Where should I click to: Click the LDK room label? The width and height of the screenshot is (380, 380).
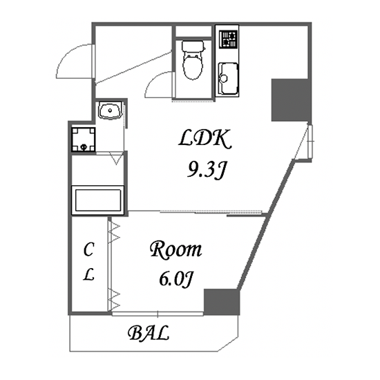coord(205,139)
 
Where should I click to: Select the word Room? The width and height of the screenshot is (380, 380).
coord(175,250)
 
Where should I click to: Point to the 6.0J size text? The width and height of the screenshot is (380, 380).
coord(176,279)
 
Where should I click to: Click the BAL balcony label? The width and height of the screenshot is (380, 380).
coord(148,333)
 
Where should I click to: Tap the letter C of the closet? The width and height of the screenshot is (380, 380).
coord(88,249)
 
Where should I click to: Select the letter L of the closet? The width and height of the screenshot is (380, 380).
coord(88,275)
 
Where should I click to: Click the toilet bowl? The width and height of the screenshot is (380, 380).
coord(193,66)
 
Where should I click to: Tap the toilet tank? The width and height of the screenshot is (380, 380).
coord(193,46)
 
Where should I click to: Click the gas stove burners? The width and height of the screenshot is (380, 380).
coord(228,39)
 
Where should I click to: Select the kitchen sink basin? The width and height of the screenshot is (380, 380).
coord(228,79)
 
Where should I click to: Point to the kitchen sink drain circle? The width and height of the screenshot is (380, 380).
coord(223,78)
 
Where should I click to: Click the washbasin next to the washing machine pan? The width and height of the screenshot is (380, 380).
coord(110,111)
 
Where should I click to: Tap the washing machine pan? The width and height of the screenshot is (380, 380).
coord(84,140)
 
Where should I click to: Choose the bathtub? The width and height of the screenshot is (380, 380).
coord(98,200)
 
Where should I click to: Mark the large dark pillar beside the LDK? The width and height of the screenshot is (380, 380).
coord(290,100)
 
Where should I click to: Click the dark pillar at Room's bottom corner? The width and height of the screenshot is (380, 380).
coord(222,302)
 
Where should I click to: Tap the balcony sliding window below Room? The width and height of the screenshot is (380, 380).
coord(158,314)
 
